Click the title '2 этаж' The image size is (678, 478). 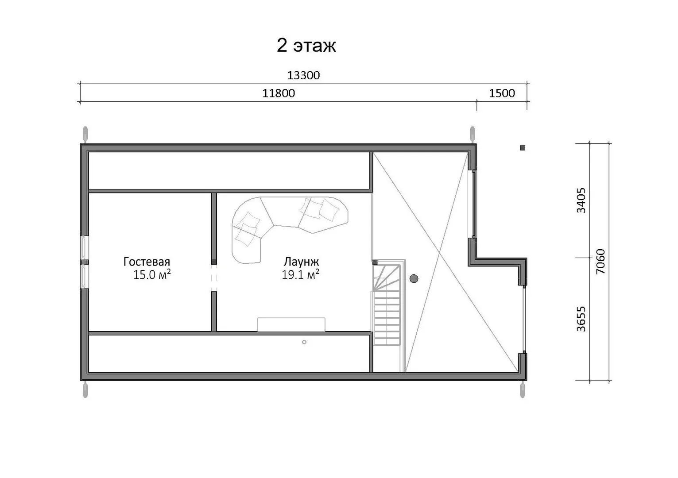coord(306,46)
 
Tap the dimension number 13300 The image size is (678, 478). coord(303,75)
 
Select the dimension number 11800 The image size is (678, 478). coord(279,93)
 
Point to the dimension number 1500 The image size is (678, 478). coord(502,93)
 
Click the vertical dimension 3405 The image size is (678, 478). coord(581,200)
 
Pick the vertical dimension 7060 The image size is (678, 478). coord(600,262)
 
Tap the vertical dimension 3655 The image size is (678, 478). coord(581,319)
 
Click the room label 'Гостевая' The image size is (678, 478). coord(147,262)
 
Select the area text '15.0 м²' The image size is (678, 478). coord(152,274)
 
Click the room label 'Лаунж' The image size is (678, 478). coord(301,262)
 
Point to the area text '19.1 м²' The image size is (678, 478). coord(301,274)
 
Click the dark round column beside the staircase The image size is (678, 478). coord(414,279)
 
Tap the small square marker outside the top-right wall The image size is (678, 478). coord(523,148)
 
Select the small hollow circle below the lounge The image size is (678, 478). coord(304,342)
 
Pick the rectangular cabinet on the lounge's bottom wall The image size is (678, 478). coord(291,324)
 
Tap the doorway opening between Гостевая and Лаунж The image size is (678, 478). coord(214,278)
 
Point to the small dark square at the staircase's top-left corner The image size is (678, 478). coord(375,262)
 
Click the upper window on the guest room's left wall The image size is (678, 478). coord(84,247)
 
